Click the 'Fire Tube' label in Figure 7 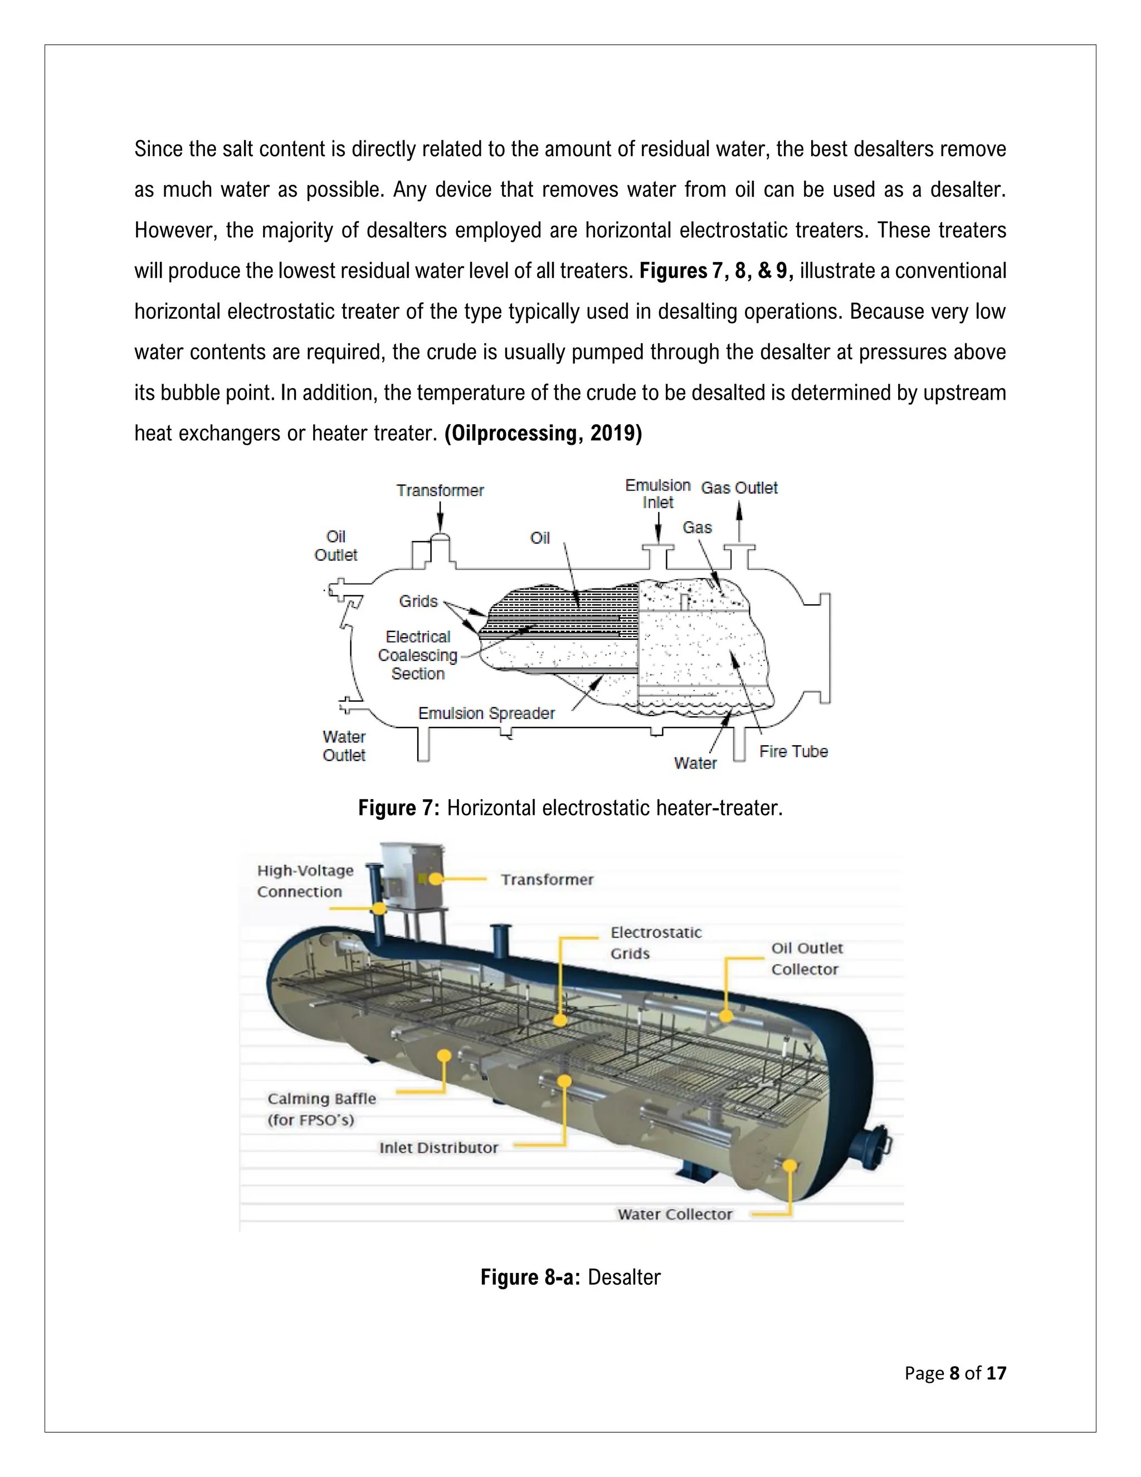pos(793,751)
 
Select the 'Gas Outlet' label pos(739,488)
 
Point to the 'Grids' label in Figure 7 pos(418,601)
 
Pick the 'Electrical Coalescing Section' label pos(417,655)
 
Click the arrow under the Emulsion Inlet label pos(659,527)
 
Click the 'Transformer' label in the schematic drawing pos(440,490)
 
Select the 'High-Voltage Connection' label pos(305,881)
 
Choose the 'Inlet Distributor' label pos(438,1148)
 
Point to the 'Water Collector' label pos(674,1214)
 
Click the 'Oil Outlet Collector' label pos(806,958)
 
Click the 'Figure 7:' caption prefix pos(399,808)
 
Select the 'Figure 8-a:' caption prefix pos(530,1277)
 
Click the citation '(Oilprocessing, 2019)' pos(543,433)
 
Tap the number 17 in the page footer pos(996,1373)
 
